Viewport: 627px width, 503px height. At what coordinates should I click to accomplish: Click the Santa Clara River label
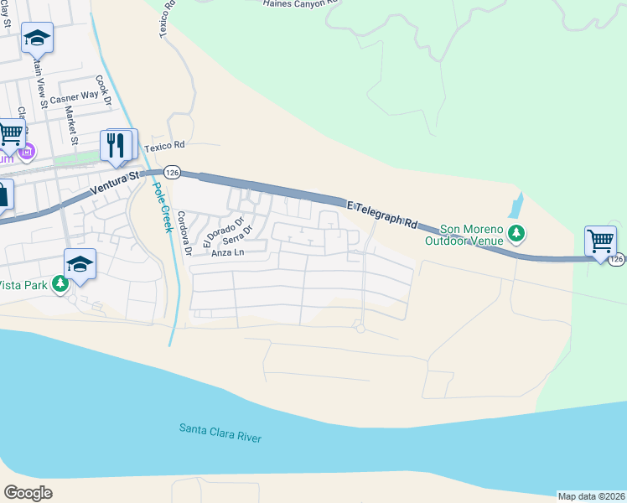(220, 433)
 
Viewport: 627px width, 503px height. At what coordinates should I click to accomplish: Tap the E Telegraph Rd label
(381, 214)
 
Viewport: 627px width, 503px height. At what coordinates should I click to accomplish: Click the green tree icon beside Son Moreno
(519, 233)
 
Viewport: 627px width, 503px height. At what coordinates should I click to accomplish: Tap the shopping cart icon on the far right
(600, 241)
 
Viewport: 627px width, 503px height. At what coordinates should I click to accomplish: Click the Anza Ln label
(227, 252)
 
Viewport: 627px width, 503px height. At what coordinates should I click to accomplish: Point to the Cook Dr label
(103, 90)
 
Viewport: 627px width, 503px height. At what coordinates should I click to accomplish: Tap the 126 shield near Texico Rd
(172, 172)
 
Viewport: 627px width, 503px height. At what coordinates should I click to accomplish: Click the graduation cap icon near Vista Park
(80, 263)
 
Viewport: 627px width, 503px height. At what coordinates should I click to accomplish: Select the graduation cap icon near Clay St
(37, 37)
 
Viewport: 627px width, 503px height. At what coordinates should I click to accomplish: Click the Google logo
(28, 493)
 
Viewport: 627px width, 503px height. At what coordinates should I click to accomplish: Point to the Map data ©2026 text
(591, 495)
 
